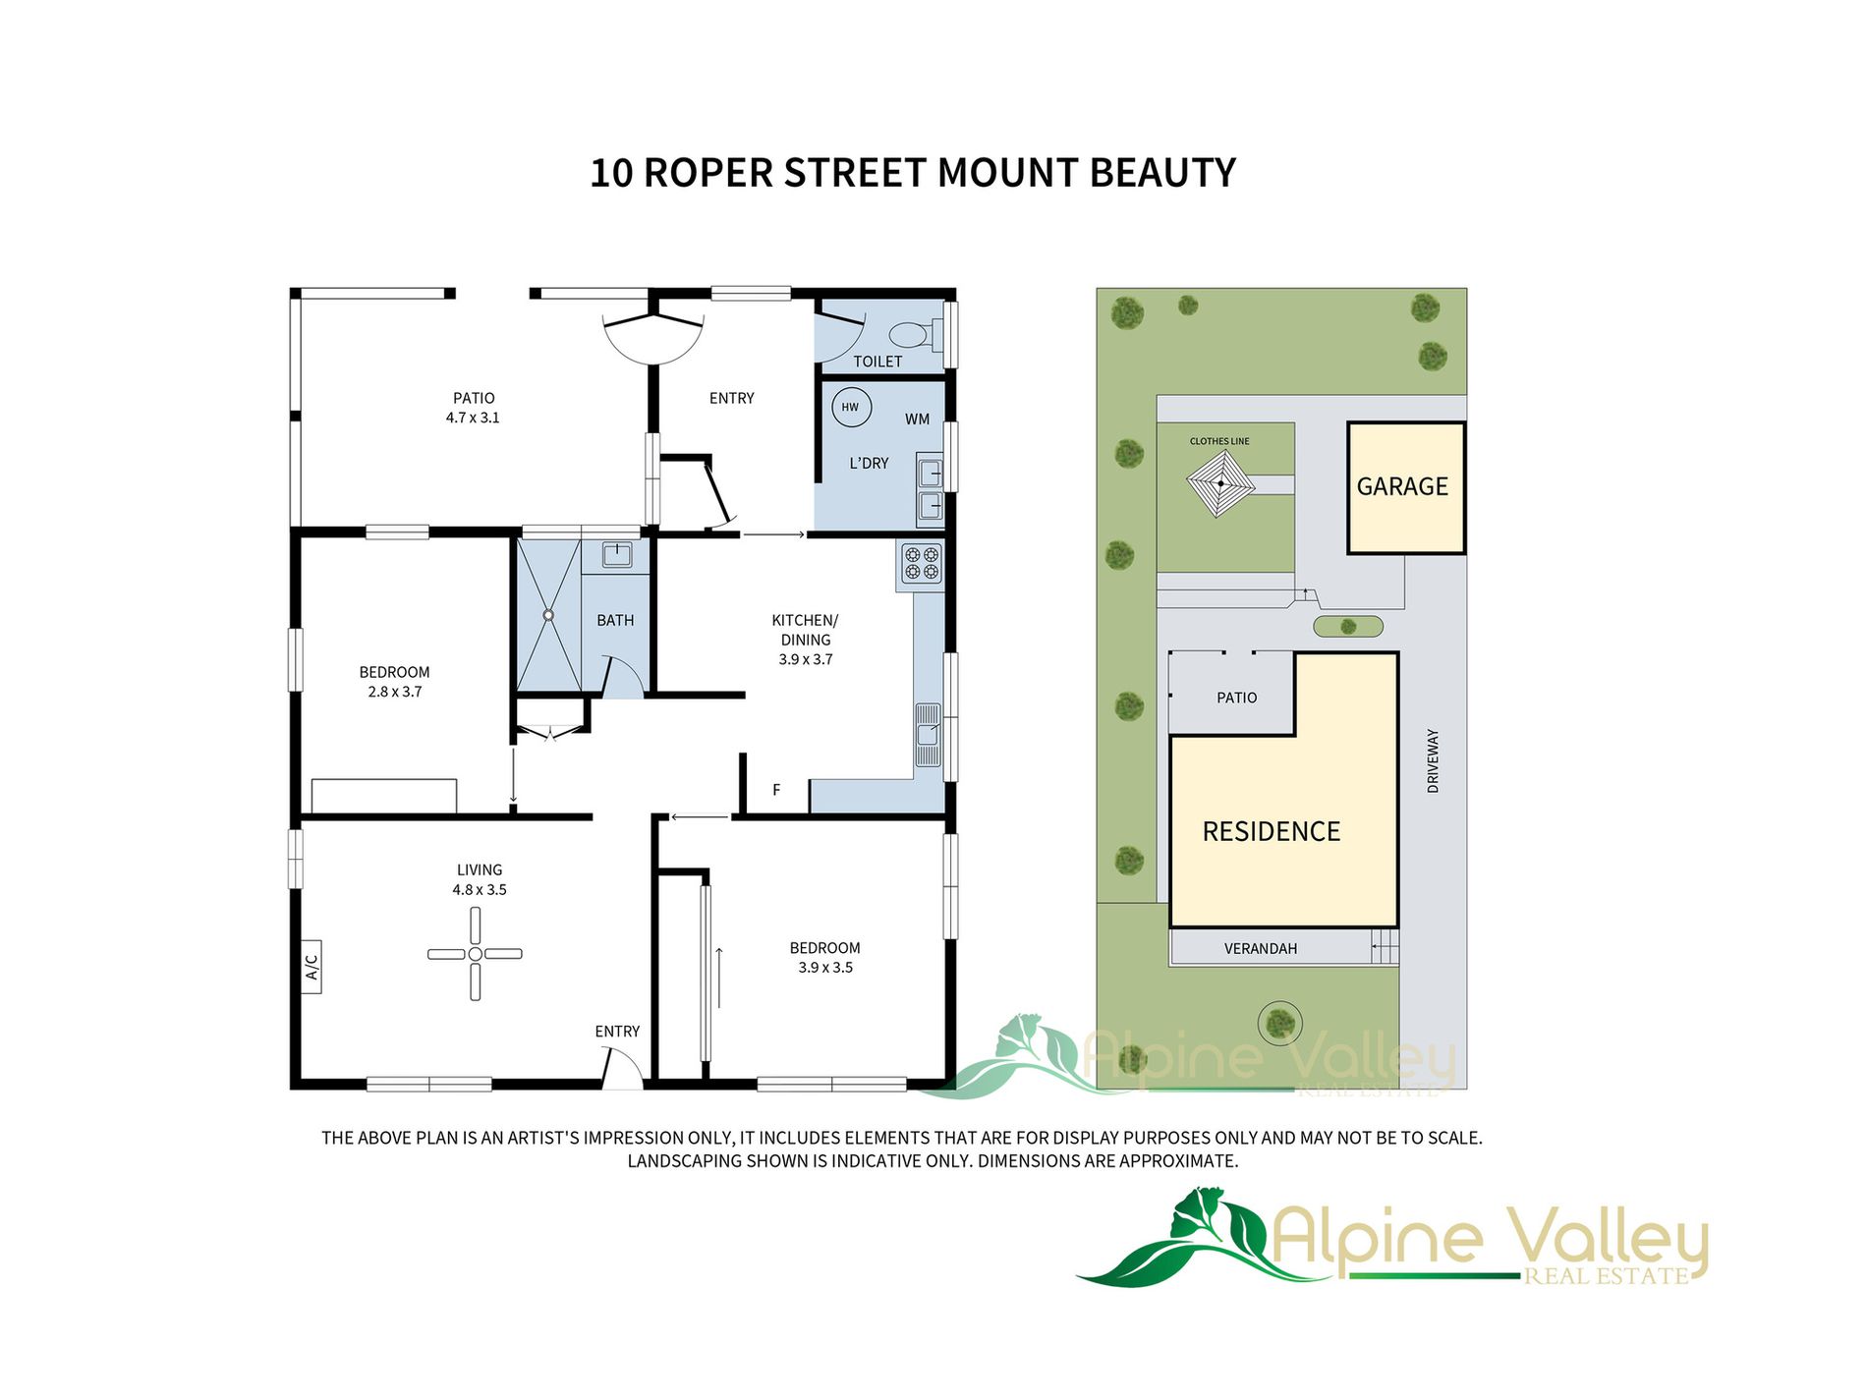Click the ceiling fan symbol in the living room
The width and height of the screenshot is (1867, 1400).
point(475,954)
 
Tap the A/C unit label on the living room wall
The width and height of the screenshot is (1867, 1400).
point(311,967)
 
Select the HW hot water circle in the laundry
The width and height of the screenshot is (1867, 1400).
point(851,407)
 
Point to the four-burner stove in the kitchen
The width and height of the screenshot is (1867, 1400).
point(922,563)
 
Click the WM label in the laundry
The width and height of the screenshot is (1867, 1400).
point(917,420)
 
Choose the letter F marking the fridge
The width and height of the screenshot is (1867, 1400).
point(776,790)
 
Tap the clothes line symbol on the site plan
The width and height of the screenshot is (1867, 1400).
point(1220,483)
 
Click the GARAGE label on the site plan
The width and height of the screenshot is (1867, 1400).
point(1402,486)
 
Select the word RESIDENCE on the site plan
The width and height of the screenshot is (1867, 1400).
point(1272,832)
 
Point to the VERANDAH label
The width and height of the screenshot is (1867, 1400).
point(1261,949)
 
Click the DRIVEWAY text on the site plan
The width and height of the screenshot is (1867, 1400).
point(1433,761)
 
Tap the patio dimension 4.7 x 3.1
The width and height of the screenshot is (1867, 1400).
point(473,418)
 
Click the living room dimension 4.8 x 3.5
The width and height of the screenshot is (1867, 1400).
point(480,890)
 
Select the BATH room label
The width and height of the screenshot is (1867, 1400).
point(615,621)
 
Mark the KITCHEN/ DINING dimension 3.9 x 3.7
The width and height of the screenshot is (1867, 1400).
point(806,660)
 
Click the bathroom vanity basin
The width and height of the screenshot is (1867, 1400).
point(616,555)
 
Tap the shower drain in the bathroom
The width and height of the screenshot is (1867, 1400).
point(548,616)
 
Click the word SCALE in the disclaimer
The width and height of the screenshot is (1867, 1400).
point(1453,1138)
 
